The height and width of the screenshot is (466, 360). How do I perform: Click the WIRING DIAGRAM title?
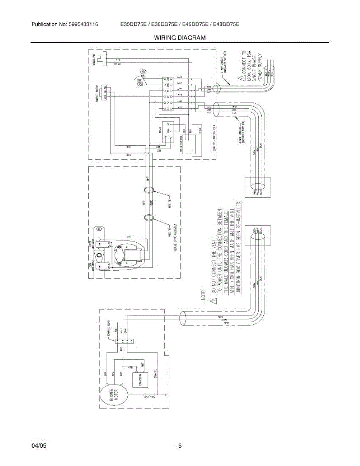180,38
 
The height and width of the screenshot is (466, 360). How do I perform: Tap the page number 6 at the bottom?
180,446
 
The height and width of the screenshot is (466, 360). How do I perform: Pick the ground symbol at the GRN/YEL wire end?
166,396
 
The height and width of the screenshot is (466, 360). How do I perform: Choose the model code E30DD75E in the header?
133,24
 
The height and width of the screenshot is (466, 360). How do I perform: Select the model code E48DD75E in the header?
225,24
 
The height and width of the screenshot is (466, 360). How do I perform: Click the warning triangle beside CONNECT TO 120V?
242,78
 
